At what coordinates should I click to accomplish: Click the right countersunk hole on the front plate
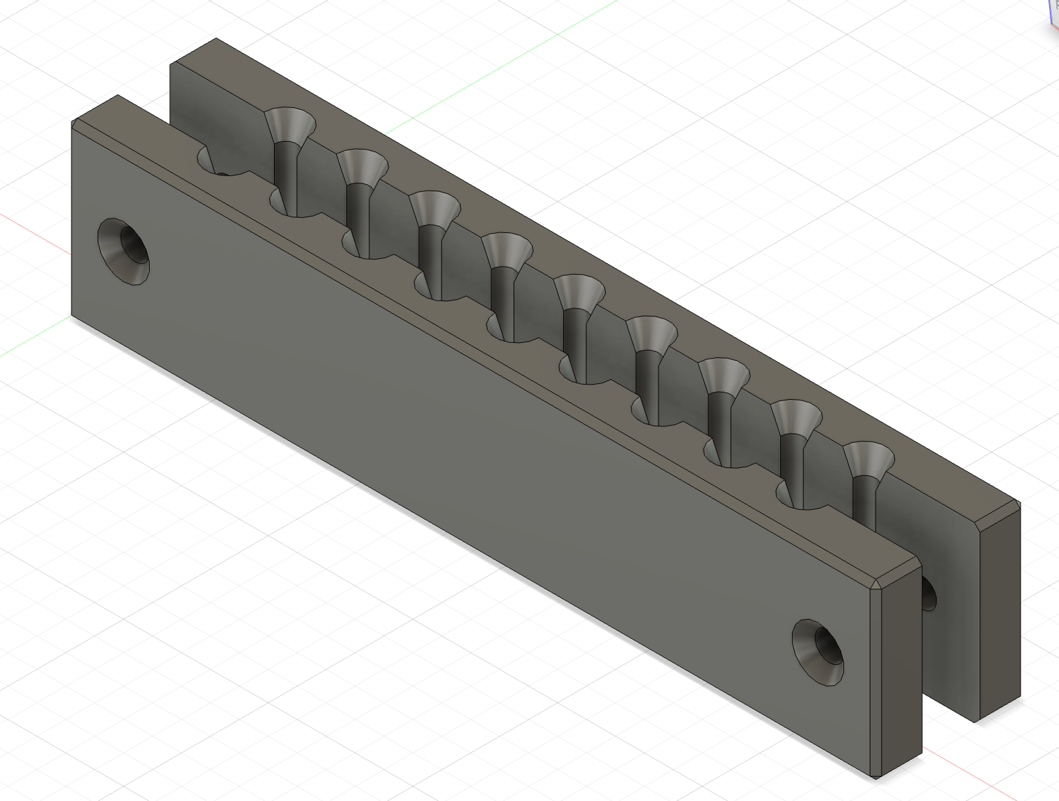pos(819,651)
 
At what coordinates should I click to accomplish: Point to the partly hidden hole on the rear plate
pos(929,593)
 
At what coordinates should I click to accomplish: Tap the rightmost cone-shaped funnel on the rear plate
pos(869,459)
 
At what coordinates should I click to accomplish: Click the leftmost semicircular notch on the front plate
pos(212,162)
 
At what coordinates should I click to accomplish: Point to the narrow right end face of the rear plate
pos(999,616)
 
